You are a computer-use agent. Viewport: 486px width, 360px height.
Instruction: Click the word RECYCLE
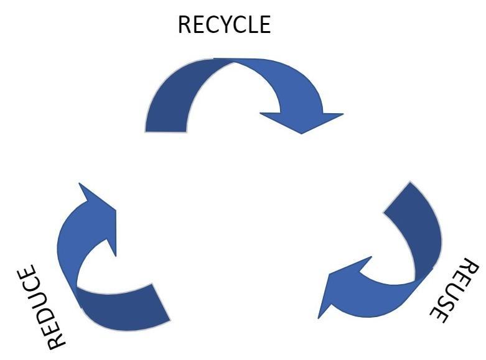[x=224, y=25]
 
